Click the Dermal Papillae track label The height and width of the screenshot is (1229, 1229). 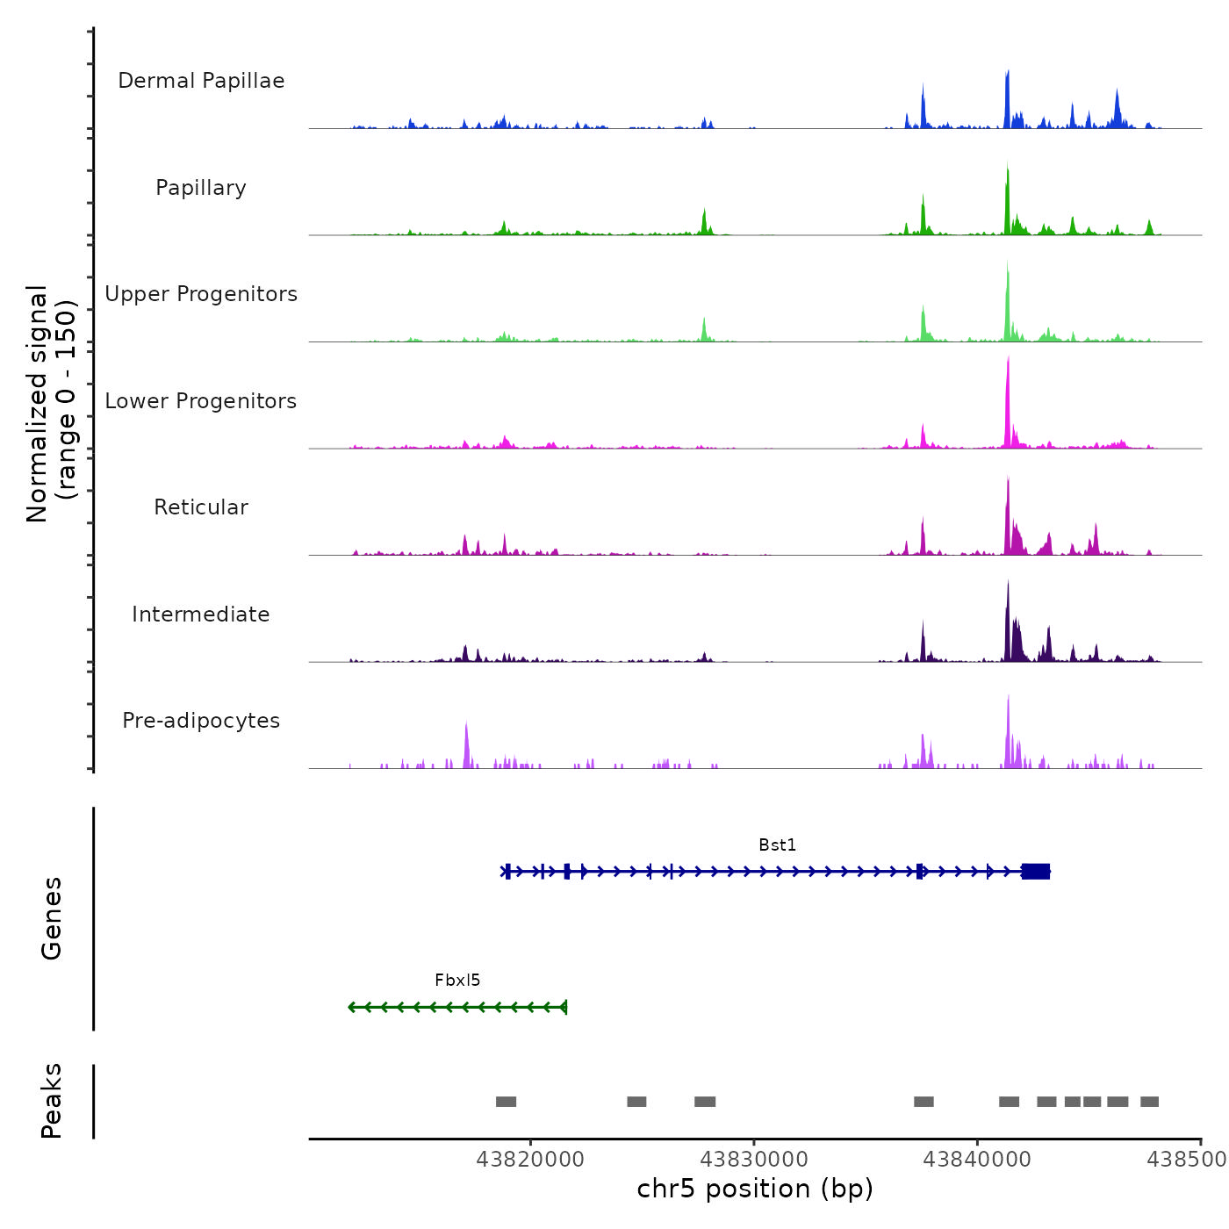(201, 81)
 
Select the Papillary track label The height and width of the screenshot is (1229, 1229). (201, 188)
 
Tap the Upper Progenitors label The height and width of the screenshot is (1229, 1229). (201, 294)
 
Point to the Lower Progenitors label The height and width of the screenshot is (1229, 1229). (201, 401)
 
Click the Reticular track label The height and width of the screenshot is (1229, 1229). (201, 507)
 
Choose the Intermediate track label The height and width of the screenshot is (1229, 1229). (201, 614)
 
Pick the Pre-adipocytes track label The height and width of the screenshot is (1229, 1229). (201, 721)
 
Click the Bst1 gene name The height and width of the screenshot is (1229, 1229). (777, 845)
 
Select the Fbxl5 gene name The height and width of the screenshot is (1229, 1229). (457, 981)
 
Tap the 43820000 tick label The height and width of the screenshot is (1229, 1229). (530, 1160)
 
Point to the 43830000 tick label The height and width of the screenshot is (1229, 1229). (754, 1160)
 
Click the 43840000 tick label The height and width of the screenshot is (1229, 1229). (977, 1160)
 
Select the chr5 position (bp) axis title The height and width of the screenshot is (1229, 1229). (755, 1189)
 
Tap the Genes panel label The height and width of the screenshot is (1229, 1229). (52, 918)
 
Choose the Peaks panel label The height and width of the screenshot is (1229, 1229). (52, 1101)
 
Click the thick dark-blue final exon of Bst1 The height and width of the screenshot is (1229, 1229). (1036, 871)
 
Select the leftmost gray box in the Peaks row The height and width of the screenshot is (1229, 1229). (506, 1102)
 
